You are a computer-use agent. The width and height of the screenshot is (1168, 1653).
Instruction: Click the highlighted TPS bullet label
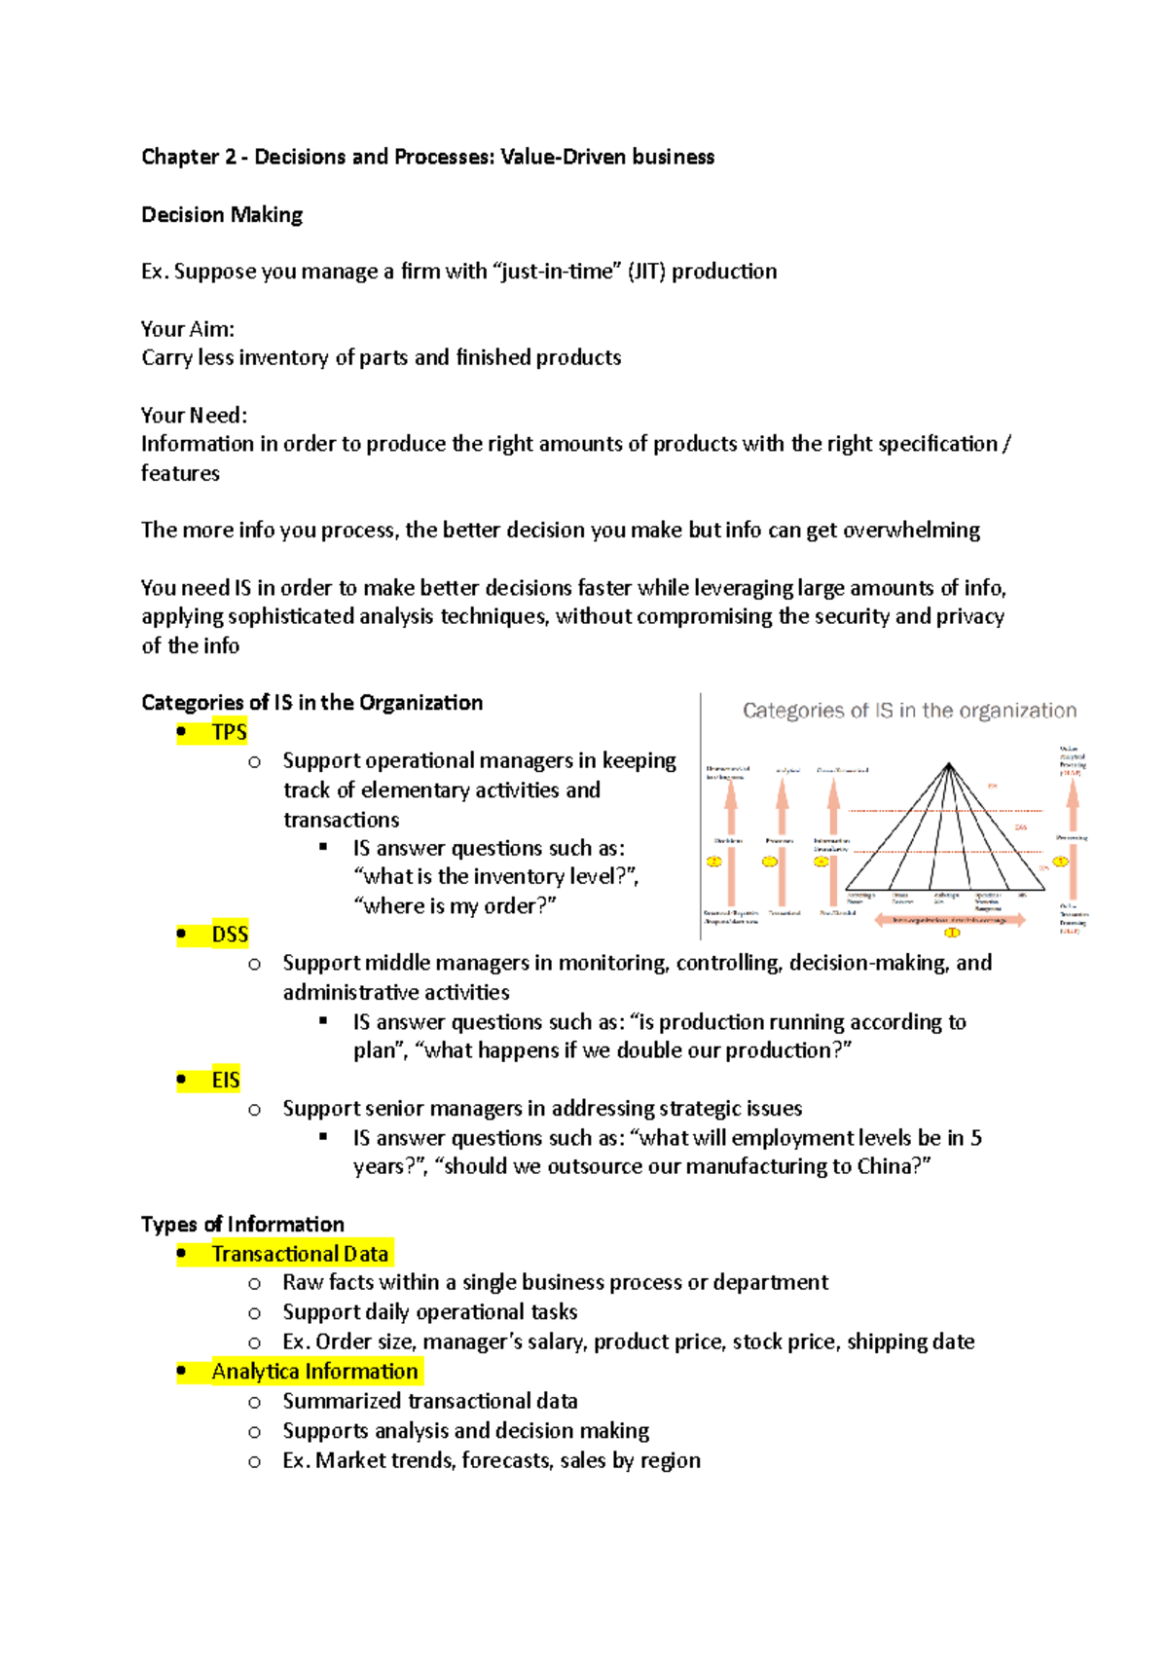(x=229, y=732)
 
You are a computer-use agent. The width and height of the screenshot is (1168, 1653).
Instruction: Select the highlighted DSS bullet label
(x=230, y=935)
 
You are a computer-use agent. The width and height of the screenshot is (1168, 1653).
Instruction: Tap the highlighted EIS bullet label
(x=225, y=1080)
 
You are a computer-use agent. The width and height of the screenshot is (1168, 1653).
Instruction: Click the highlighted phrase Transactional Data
(x=300, y=1254)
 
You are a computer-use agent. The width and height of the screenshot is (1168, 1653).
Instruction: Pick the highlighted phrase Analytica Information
(x=314, y=1372)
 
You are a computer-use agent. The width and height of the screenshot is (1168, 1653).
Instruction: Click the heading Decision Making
(x=222, y=215)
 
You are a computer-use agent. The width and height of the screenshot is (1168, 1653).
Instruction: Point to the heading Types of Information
(x=242, y=1225)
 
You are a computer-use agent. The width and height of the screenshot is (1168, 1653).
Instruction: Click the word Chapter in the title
(x=179, y=157)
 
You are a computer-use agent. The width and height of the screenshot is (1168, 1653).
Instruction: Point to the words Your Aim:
(x=187, y=329)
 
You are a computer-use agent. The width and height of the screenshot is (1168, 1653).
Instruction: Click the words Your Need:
(x=194, y=416)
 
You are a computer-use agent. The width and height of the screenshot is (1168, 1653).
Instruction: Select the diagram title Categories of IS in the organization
(x=909, y=711)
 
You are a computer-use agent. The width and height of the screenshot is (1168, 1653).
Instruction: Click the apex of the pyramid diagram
(x=949, y=764)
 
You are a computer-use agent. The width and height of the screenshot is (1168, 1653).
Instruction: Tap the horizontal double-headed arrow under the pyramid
(x=949, y=919)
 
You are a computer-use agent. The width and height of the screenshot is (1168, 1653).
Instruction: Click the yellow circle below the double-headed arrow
(x=953, y=933)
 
